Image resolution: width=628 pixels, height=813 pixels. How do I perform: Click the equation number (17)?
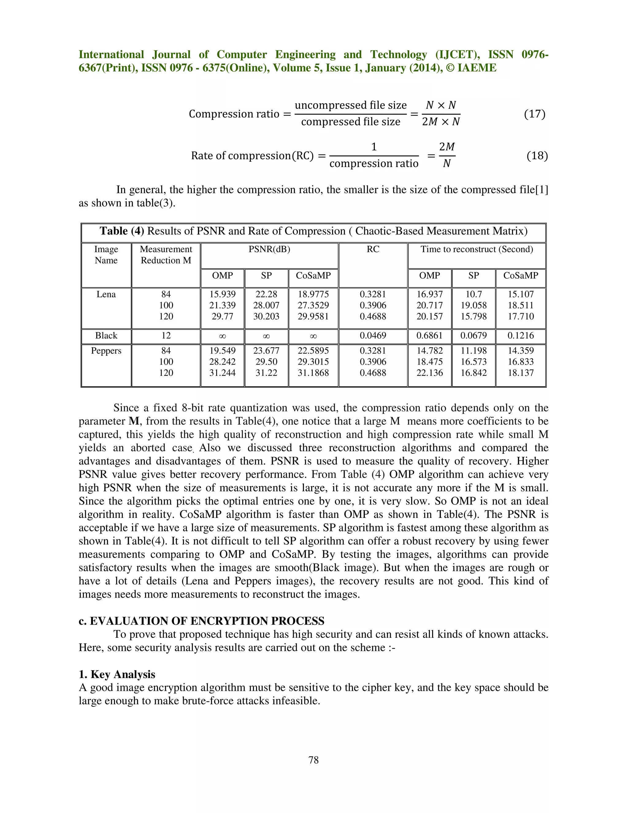(534, 114)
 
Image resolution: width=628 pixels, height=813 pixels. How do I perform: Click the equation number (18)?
(537, 156)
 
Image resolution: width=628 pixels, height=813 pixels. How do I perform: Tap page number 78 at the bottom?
(313, 760)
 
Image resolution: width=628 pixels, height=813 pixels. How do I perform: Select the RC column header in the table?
(373, 249)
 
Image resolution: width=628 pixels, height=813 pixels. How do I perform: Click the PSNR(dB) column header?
(269, 249)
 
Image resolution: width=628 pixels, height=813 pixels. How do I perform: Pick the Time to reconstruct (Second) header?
(477, 249)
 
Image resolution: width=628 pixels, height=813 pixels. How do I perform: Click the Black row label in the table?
(106, 336)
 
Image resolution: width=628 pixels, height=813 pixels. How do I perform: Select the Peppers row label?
(106, 351)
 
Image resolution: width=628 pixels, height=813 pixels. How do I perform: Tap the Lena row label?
(106, 295)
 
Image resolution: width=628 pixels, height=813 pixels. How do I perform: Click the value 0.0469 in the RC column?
(373, 336)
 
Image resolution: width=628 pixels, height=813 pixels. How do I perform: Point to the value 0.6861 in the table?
(429, 336)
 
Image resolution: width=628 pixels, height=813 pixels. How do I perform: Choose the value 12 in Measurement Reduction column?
(166, 336)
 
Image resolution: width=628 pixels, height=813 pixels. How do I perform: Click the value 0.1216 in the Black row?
(520, 336)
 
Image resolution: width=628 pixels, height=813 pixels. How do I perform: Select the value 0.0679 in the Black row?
(473, 336)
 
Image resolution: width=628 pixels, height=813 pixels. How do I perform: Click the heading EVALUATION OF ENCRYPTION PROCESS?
(207, 621)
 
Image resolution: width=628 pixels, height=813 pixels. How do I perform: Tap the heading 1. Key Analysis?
(117, 675)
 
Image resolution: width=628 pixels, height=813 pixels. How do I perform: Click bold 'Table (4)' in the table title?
(122, 231)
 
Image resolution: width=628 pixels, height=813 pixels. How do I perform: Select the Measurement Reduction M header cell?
(166, 255)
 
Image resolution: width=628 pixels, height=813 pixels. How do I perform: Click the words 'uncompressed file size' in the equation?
(350, 105)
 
